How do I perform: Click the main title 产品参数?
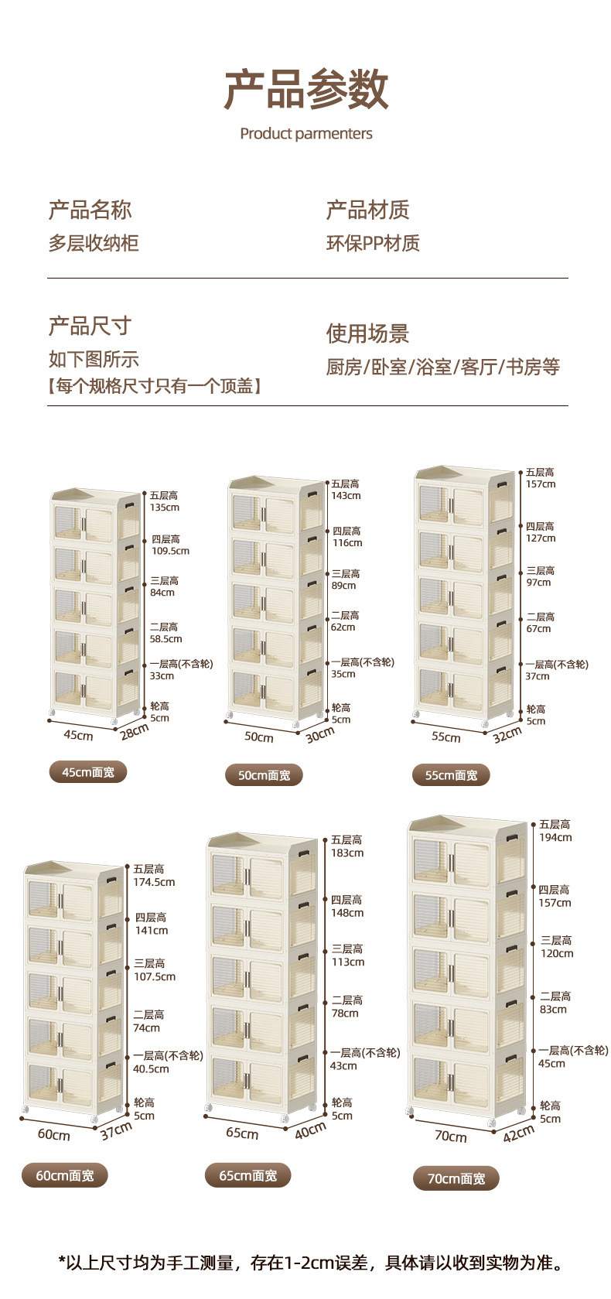tap(306, 89)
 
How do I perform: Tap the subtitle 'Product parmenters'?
tap(306, 134)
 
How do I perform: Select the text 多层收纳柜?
tap(94, 243)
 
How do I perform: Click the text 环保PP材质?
tap(373, 243)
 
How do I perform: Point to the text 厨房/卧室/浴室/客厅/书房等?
tap(442, 367)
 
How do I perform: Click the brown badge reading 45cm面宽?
tap(88, 771)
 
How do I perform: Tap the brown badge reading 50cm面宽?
tap(264, 774)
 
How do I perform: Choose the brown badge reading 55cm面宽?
tap(451, 774)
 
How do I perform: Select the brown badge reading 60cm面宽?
tap(65, 1175)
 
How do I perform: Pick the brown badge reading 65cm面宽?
tap(247, 1175)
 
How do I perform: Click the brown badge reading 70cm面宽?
tap(456, 1178)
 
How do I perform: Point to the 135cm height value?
tap(165, 508)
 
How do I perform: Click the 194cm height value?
tap(555, 837)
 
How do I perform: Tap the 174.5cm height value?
tap(154, 882)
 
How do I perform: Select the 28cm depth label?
tap(134, 730)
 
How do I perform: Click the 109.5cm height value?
tap(170, 551)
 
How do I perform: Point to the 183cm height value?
tap(347, 853)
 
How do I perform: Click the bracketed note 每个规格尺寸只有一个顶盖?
tap(155, 385)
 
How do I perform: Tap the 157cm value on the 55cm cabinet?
tap(541, 484)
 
